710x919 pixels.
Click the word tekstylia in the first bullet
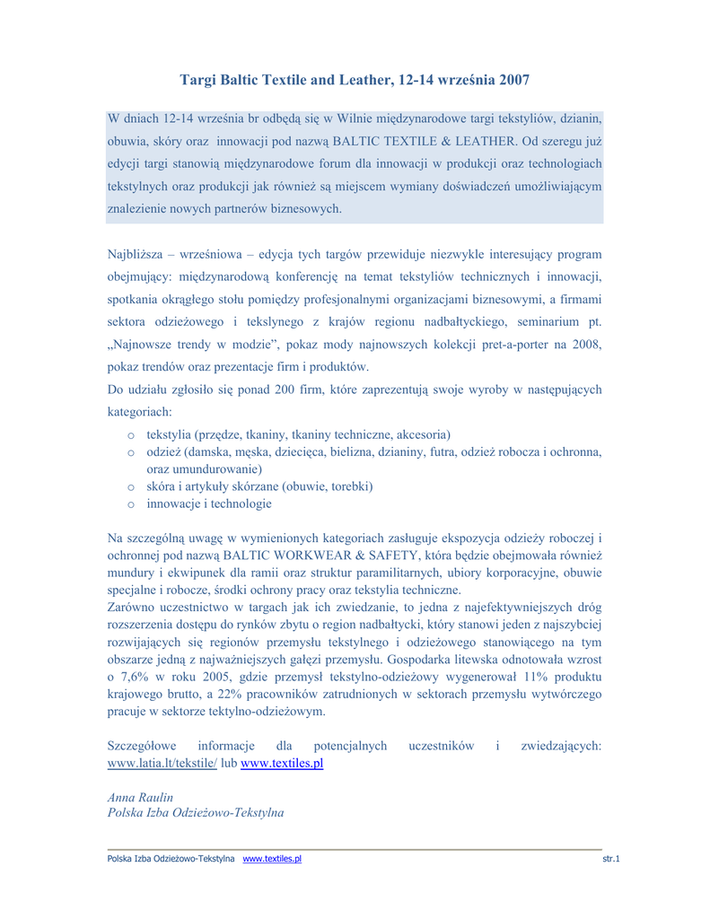[x=173, y=434]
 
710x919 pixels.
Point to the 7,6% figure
[x=136, y=676]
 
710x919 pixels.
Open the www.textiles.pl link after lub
[x=281, y=763]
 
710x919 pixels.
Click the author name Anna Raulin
[x=140, y=797]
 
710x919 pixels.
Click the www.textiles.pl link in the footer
[x=272, y=859]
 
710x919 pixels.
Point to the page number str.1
[x=611, y=859]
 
